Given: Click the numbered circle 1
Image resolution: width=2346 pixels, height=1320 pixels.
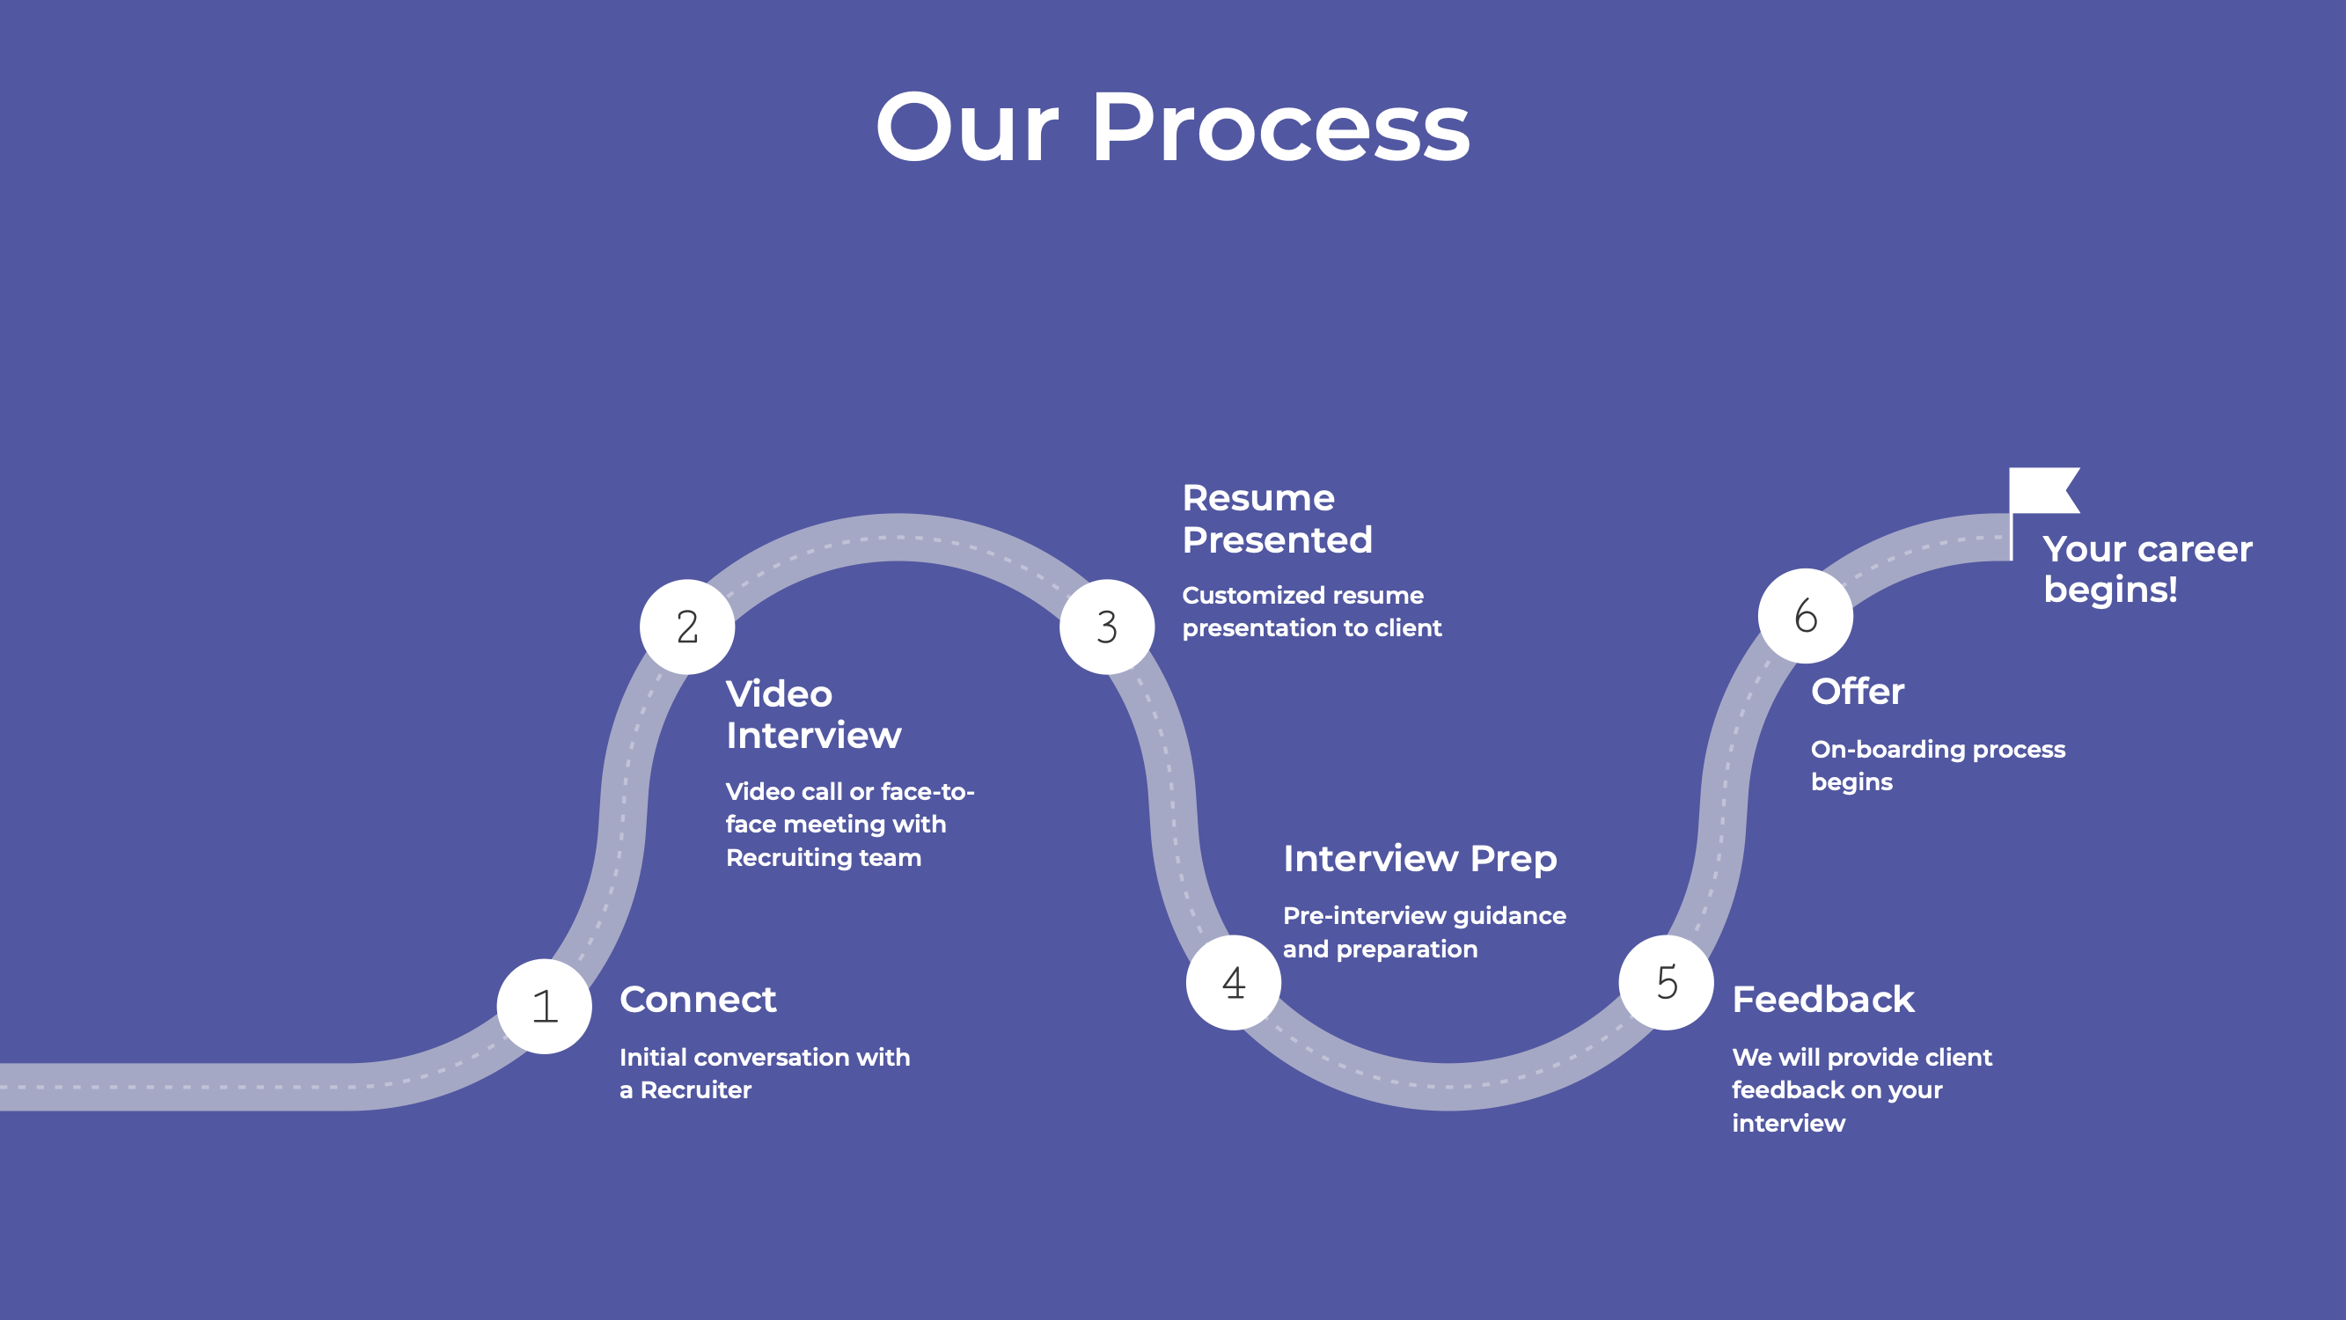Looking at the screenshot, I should click(x=545, y=1006).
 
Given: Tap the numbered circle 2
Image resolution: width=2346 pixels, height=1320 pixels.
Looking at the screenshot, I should click(x=686, y=627).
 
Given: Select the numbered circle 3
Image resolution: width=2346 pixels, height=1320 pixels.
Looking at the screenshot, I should click(x=1106, y=627).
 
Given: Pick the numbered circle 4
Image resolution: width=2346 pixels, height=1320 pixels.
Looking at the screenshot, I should click(x=1233, y=982).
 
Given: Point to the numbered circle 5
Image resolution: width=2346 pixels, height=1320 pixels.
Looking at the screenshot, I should click(x=1666, y=982).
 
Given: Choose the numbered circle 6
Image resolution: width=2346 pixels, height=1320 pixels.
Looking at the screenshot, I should click(x=1805, y=616).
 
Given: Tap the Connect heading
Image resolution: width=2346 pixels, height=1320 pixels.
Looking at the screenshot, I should click(x=698, y=1000).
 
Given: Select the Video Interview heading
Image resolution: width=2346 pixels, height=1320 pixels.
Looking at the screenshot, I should click(x=813, y=715).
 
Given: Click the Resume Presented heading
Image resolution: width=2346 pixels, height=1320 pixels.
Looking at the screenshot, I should click(x=1277, y=518).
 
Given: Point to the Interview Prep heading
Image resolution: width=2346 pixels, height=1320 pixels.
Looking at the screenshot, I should click(x=1419, y=858).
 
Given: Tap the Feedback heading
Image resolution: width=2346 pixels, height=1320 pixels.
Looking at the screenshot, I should click(x=1822, y=1000).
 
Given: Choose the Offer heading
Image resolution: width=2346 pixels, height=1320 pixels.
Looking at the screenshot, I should click(x=1857, y=692).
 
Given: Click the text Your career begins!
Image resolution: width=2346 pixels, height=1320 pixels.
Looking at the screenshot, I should click(x=2146, y=569).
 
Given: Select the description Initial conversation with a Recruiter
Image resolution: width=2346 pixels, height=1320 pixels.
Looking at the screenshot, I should click(x=764, y=1073).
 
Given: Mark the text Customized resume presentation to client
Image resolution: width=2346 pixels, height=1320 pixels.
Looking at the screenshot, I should click(x=1311, y=612).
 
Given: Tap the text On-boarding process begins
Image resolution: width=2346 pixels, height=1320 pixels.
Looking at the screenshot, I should click(x=1937, y=766).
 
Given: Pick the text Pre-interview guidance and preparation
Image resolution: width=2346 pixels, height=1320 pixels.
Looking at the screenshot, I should click(x=1424, y=932).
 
